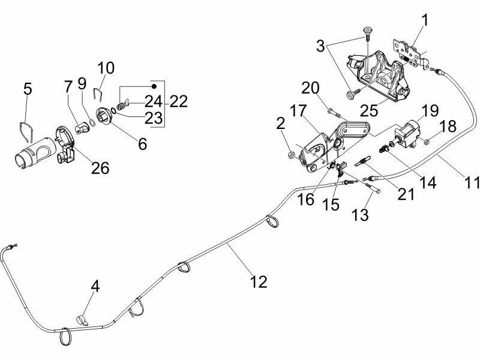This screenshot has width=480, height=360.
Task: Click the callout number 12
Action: click(259, 281)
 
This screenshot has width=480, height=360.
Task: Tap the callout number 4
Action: click(95, 286)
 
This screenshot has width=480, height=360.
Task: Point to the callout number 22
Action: click(178, 101)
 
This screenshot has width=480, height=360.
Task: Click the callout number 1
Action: click(425, 20)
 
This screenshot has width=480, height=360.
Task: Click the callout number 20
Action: click(311, 89)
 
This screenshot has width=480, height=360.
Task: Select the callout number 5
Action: click(28, 89)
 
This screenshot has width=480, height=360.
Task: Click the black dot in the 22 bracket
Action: click(153, 86)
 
